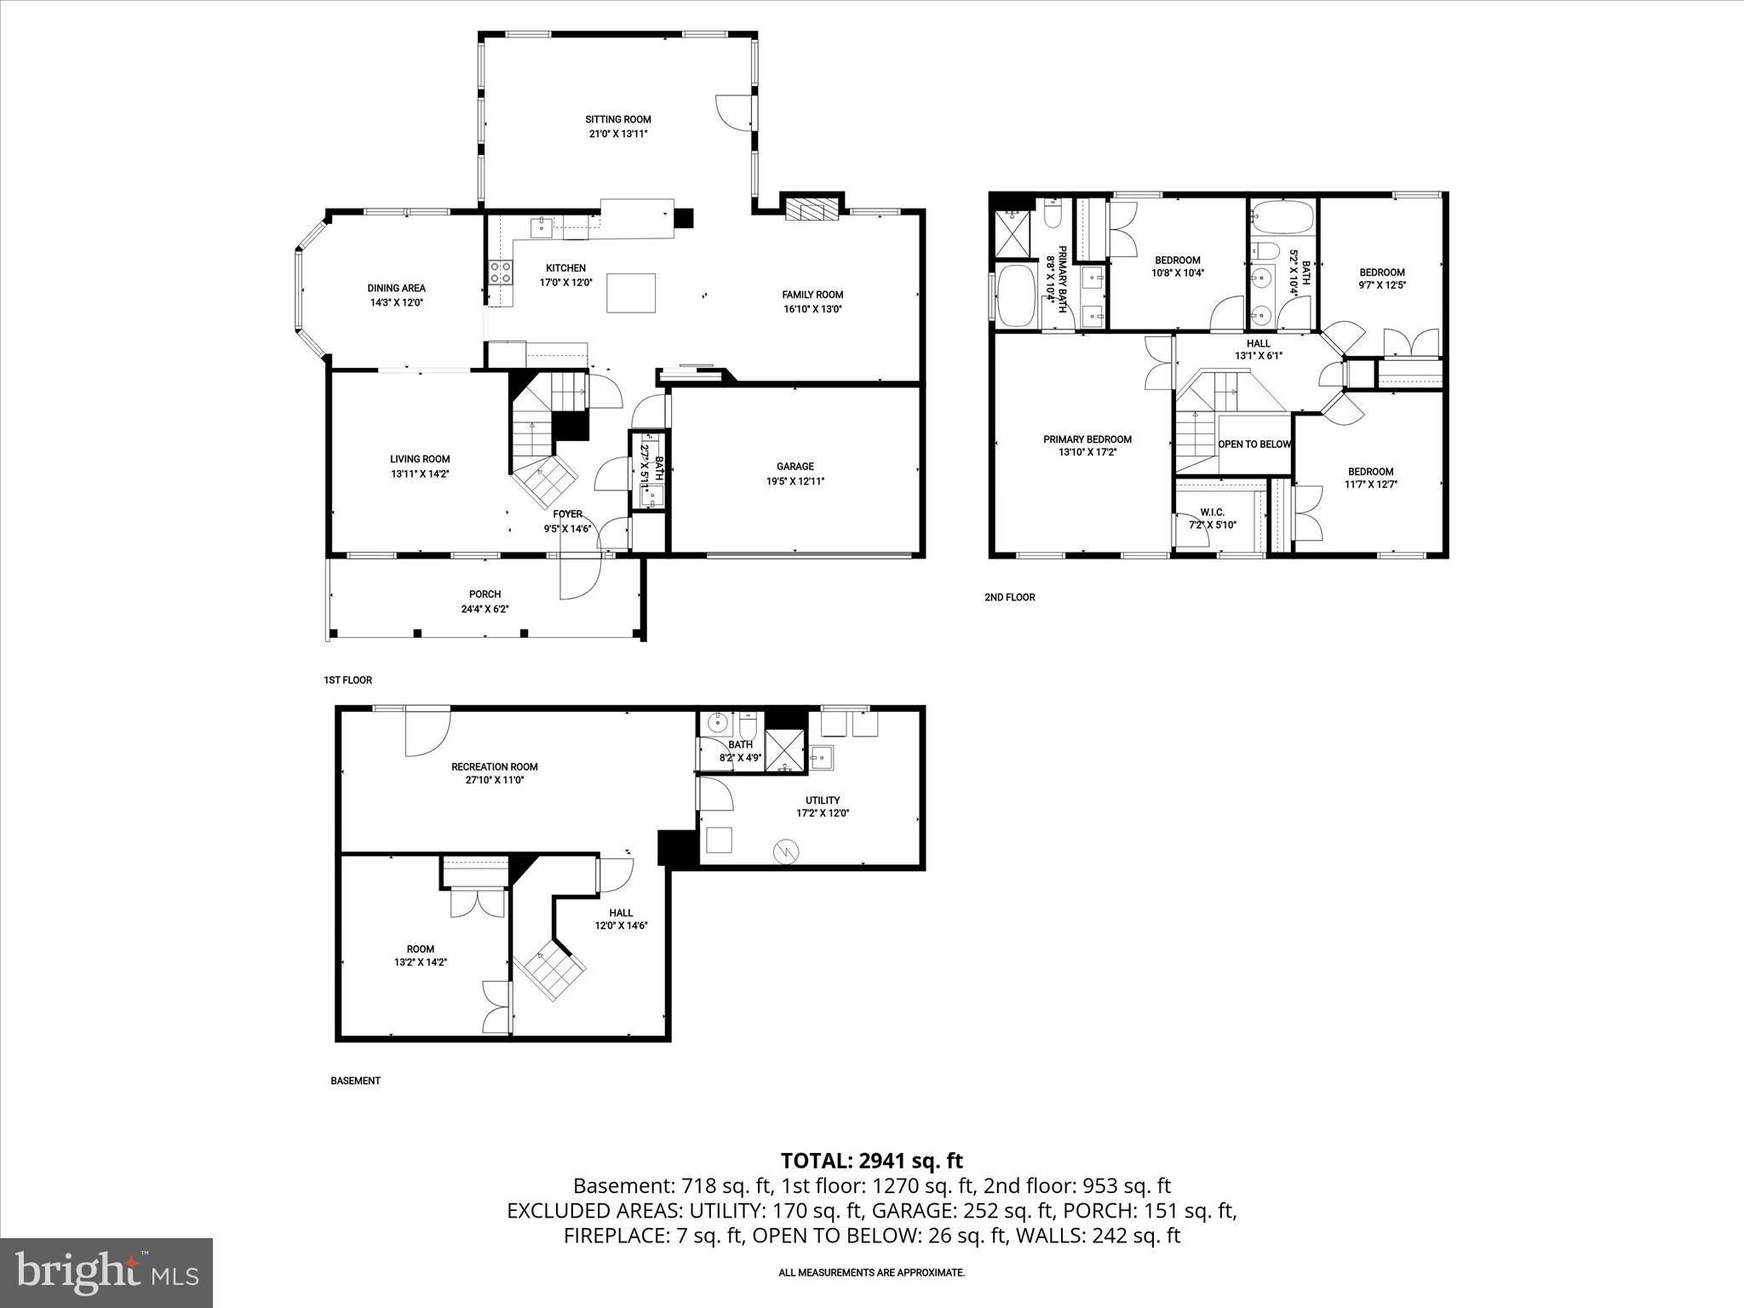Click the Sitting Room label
tap(617, 119)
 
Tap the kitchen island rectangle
tap(631, 293)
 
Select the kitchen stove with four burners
tap(501, 272)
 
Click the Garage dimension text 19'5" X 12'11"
tap(795, 481)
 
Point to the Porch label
tap(485, 594)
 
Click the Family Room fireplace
tap(812, 209)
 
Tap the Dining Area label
tap(396, 288)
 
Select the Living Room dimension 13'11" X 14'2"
tap(420, 473)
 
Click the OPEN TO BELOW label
tap(1254, 445)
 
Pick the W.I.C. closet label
tap(1212, 512)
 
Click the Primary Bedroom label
tap(1087, 439)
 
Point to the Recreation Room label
tap(494, 766)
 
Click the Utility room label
tap(823, 800)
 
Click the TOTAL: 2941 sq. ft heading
tap(871, 1161)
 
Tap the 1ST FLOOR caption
tap(347, 680)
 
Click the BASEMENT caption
tap(355, 1081)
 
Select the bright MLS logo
tap(106, 1273)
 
